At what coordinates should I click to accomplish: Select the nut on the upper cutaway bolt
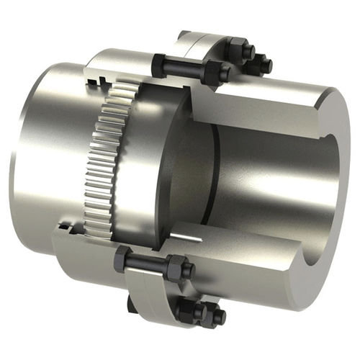point(215,72)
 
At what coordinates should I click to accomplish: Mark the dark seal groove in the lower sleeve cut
point(68,229)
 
